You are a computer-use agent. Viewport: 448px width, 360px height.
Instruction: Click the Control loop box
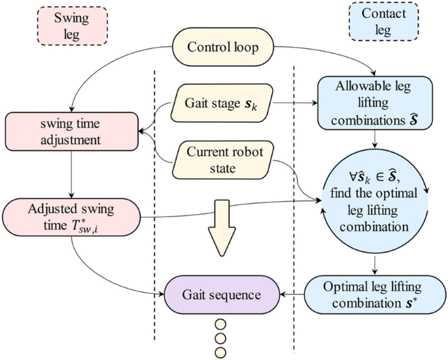[222, 47]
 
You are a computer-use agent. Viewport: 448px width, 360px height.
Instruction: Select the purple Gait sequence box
[222, 293]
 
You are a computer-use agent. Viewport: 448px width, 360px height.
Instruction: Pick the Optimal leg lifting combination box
[374, 294]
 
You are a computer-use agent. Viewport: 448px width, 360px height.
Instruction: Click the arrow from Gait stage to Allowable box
[294, 102]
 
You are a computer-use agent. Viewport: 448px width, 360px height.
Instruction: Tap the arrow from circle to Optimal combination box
[375, 263]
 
